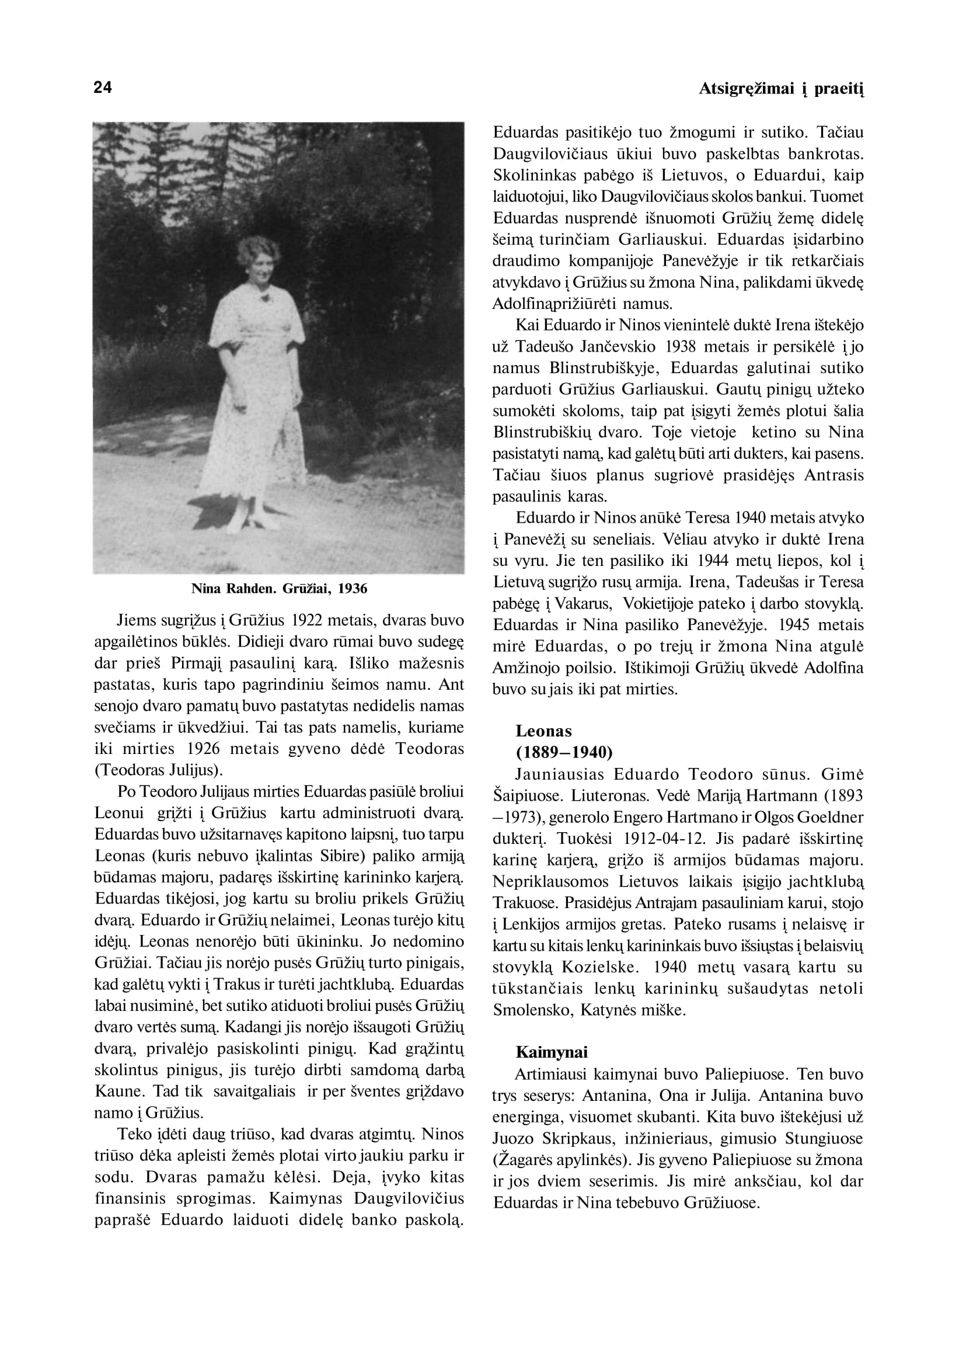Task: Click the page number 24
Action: pos(102,88)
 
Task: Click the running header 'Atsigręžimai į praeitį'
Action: pos(781,89)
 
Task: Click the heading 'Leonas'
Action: pos(543,731)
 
